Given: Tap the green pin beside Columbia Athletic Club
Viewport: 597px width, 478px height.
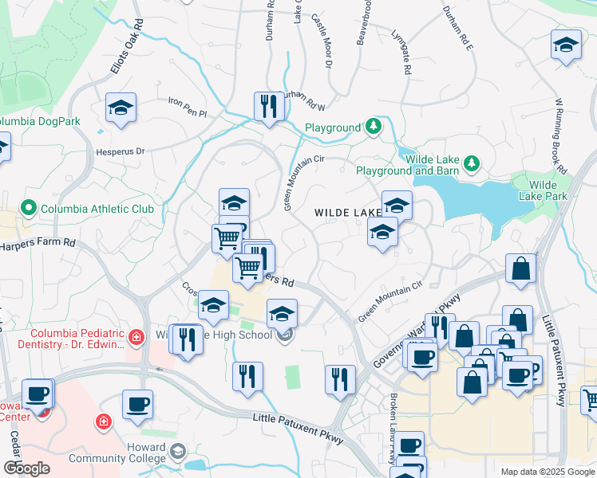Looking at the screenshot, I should [30, 210].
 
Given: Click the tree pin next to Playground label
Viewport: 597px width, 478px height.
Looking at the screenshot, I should [373, 127].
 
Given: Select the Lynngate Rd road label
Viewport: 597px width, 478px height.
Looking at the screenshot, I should [401, 52].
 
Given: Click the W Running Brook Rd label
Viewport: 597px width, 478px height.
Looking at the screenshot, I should [559, 135].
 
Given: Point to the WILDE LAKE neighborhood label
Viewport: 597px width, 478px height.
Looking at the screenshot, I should [348, 213].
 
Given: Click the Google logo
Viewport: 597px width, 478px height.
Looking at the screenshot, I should [26, 468].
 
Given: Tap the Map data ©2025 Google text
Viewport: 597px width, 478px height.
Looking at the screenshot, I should [547, 472].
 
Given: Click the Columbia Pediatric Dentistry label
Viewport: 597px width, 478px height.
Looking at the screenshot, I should [77, 339].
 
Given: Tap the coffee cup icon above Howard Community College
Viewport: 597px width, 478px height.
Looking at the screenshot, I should [137, 404].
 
